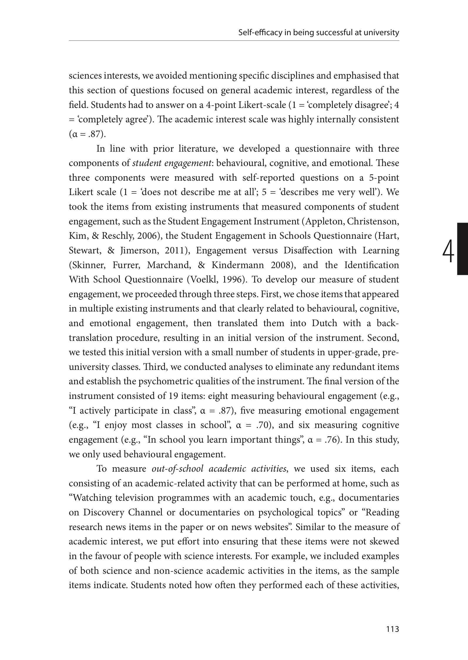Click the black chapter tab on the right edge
tap(462, 249)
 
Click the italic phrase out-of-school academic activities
tap(219, 469)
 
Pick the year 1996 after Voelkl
tap(233, 280)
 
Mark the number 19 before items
tap(173, 396)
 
